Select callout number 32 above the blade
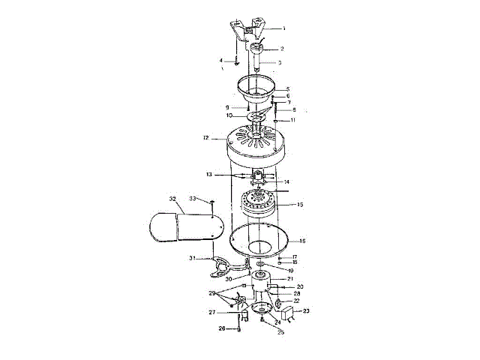[172, 199]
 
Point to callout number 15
[300, 204]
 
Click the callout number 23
[306, 310]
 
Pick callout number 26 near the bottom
[221, 328]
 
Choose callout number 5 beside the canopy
[286, 89]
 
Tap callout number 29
[212, 292]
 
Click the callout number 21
[300, 278]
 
